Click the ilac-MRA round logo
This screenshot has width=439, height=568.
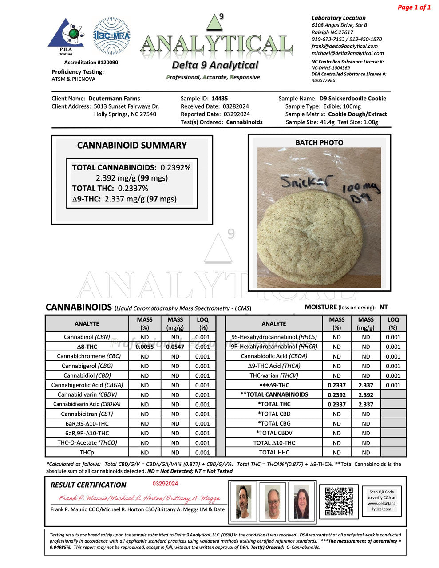coord(111,36)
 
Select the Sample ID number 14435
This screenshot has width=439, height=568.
coord(220,99)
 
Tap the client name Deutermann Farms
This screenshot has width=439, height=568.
coord(114,99)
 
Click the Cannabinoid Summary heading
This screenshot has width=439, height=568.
coord(132,146)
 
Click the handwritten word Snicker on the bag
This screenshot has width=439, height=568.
coord(306,182)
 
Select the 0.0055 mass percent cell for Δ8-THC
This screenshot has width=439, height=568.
coord(145,347)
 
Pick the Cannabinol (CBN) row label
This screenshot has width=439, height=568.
coord(87,337)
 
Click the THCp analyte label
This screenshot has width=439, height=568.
coord(87,453)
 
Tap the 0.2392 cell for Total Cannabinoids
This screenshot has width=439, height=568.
coord(336,395)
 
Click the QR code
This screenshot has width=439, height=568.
coord(339,501)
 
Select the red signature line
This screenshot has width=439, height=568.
coord(139,498)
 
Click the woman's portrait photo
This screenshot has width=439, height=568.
coord(301,501)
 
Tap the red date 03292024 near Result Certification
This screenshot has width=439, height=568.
coord(166,484)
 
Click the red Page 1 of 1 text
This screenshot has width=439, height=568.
coord(414,7)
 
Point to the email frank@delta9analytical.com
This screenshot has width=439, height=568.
coord(344,46)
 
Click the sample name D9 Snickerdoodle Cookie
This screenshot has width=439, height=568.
coord(352,99)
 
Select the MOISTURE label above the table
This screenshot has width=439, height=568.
coord(320,307)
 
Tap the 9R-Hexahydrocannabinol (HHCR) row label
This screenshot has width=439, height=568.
coord(274,347)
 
